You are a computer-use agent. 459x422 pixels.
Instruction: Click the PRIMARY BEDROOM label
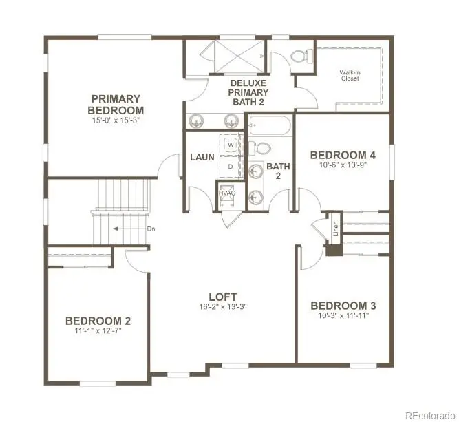click(116, 104)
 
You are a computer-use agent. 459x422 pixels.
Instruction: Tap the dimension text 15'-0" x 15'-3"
click(116, 120)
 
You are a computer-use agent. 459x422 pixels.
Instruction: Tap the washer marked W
click(231, 145)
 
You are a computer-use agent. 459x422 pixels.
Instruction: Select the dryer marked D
click(231, 166)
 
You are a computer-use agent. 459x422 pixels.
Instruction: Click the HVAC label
click(226, 193)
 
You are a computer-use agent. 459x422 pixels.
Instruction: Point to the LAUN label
click(202, 157)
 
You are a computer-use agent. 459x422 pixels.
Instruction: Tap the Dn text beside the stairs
click(150, 229)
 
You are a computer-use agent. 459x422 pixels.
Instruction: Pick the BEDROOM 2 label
click(98, 321)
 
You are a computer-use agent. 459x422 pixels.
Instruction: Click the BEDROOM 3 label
click(342, 306)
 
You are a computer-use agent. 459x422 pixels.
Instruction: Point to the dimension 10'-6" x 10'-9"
click(342, 166)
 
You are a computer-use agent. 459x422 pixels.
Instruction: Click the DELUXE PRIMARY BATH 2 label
click(248, 92)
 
